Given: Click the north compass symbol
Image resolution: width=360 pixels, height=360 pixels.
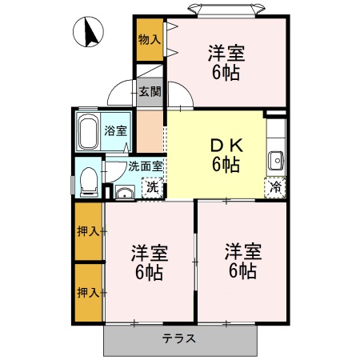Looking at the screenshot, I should [x=90, y=33].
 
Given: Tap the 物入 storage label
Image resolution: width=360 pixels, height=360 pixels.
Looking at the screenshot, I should [x=150, y=38].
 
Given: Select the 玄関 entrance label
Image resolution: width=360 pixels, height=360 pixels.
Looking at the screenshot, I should [x=150, y=91].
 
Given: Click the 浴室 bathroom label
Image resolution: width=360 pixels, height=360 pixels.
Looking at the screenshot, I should [x=116, y=130].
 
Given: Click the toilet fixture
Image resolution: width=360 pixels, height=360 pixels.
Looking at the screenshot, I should [x=87, y=181].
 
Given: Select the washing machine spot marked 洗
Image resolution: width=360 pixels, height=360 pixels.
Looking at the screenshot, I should [x=150, y=189].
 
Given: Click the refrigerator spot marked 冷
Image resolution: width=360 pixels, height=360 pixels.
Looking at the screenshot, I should [x=275, y=189].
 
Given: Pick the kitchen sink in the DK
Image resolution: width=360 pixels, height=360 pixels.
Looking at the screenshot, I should [x=277, y=158].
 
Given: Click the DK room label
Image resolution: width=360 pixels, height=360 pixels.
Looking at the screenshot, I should [x=226, y=146].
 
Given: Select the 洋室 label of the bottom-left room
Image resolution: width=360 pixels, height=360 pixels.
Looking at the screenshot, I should [x=149, y=254].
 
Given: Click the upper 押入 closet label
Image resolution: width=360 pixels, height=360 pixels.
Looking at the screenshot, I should [x=88, y=232].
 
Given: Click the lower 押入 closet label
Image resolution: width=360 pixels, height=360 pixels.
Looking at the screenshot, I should [x=88, y=292].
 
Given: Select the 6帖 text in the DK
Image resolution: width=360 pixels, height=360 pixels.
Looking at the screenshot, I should [x=226, y=166].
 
